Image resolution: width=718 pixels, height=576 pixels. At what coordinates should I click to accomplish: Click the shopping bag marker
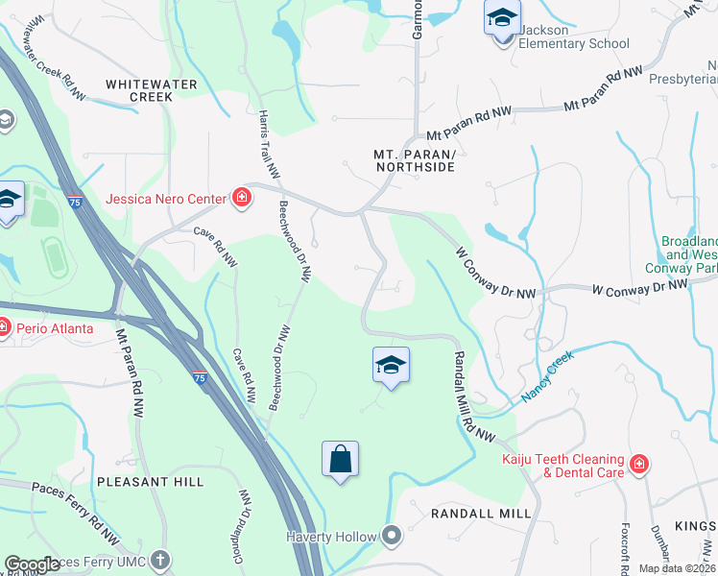(341, 459)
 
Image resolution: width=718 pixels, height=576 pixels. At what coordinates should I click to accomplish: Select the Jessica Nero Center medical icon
(242, 199)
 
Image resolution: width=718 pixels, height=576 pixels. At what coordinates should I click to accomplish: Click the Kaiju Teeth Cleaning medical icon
(639, 466)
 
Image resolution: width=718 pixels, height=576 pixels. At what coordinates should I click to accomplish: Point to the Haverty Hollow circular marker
(392, 535)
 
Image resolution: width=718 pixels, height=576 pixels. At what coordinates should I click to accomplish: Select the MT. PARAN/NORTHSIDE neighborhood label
(414, 160)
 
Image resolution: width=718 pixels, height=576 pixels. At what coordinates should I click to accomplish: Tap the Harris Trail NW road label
(268, 144)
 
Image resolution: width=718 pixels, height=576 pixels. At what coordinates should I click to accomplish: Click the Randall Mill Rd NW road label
(471, 395)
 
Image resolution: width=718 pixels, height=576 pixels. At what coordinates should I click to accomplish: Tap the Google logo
(33, 564)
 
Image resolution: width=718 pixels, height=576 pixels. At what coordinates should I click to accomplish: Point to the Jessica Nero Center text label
(166, 199)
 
